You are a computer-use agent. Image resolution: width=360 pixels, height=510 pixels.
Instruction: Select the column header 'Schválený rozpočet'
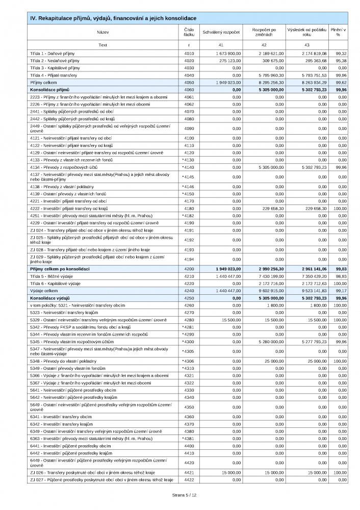point(221,32)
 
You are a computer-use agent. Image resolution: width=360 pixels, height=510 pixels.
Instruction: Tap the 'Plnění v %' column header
point(338,32)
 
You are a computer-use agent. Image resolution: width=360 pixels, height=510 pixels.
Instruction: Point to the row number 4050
point(189,82)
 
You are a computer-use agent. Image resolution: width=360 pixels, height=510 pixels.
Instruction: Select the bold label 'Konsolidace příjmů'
point(50,89)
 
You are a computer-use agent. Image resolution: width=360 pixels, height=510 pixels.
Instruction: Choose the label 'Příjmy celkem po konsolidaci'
point(60,268)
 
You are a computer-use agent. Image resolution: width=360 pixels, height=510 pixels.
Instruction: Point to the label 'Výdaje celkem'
point(44,290)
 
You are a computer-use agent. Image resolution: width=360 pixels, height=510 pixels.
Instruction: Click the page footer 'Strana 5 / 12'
point(179,495)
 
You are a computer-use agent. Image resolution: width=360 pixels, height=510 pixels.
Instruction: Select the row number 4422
point(189,480)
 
